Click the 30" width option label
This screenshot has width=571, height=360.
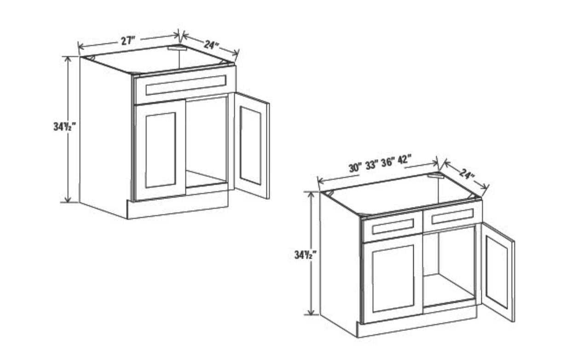(355, 168)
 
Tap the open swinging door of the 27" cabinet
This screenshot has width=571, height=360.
(251, 145)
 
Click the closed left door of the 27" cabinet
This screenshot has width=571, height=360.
(160, 150)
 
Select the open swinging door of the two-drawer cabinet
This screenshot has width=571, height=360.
(497, 271)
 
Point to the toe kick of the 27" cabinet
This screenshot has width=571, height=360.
(177, 208)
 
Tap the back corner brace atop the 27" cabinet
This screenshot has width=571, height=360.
(176, 48)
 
